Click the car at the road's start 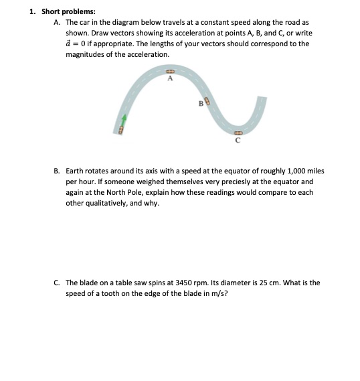tap(122, 129)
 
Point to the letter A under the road tap(170, 79)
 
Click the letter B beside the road tap(200, 103)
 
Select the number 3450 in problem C tap(205, 283)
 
